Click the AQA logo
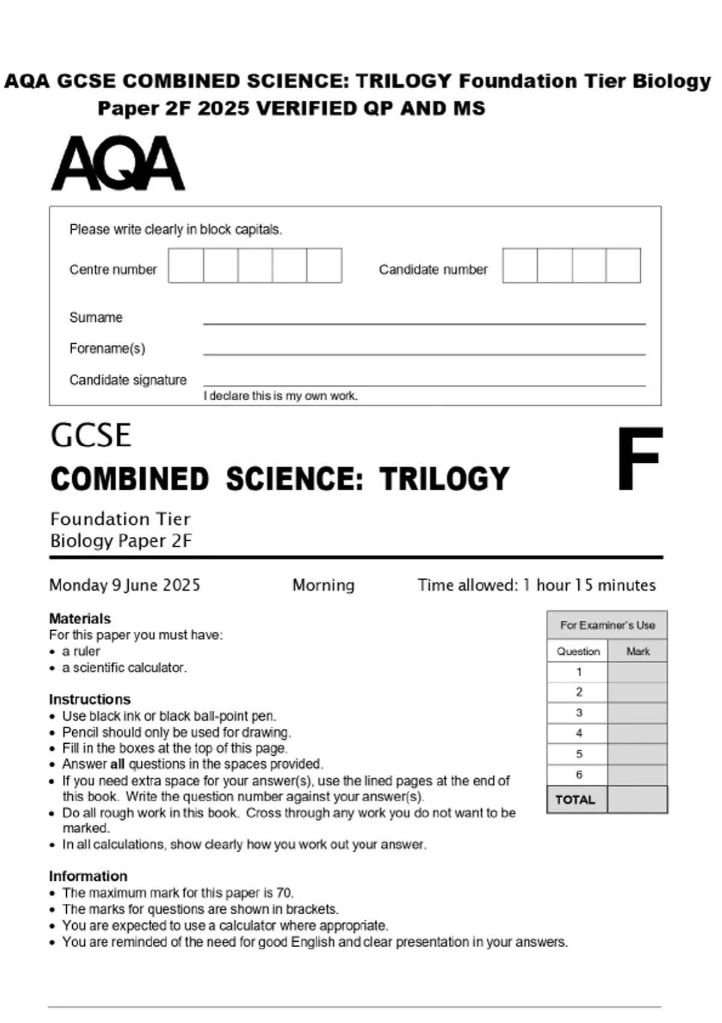pyautogui.click(x=118, y=163)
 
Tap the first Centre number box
pyautogui.click(x=186, y=265)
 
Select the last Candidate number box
pyautogui.click(x=623, y=265)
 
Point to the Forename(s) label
pyautogui.click(x=107, y=348)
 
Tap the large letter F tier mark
pyautogui.click(x=639, y=458)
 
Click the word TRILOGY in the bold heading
pyautogui.click(x=444, y=479)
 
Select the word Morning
pyautogui.click(x=323, y=585)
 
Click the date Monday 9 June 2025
pyautogui.click(x=125, y=585)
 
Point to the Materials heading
pyautogui.click(x=80, y=619)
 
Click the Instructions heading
pyautogui.click(x=90, y=699)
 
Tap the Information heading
pyautogui.click(x=88, y=876)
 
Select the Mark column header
pyautogui.click(x=638, y=651)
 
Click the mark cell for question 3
pyautogui.click(x=637, y=713)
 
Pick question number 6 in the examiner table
pyautogui.click(x=579, y=774)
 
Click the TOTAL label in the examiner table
pyautogui.click(x=575, y=800)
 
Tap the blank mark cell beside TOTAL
pyautogui.click(x=637, y=800)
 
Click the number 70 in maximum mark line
pyautogui.click(x=284, y=893)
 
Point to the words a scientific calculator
pyautogui.click(x=124, y=667)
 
